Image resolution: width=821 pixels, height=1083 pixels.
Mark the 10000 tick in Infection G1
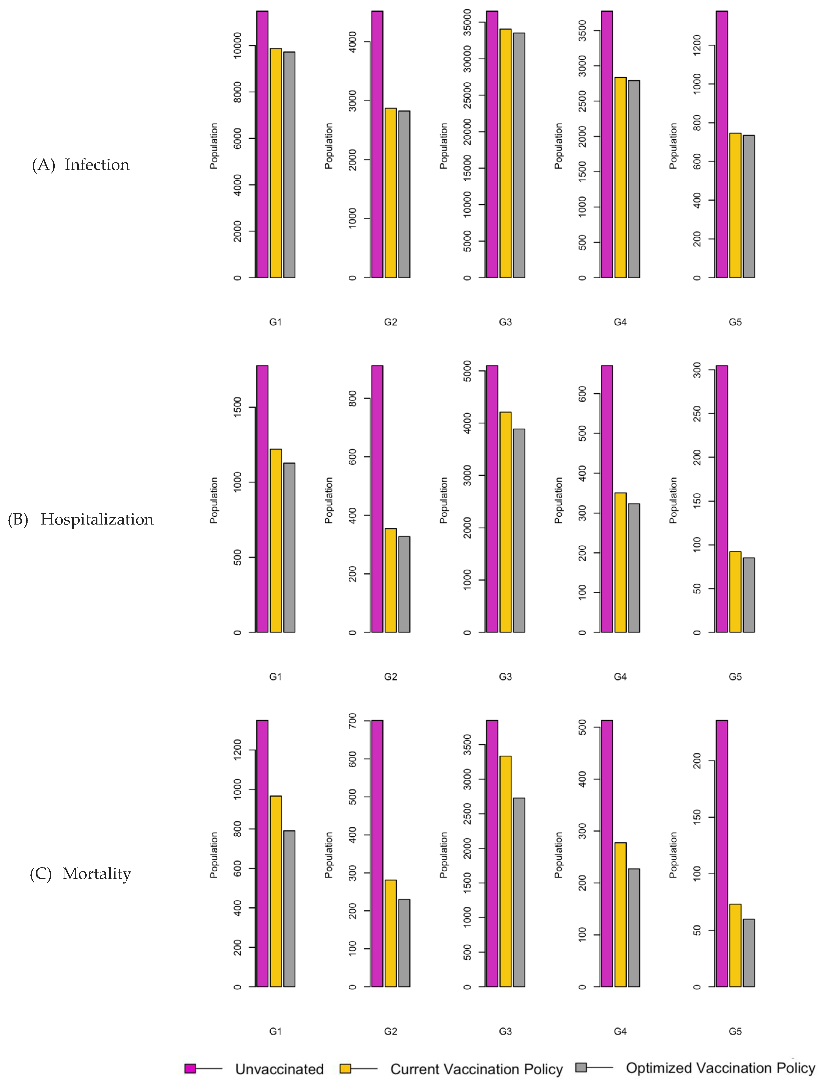237,46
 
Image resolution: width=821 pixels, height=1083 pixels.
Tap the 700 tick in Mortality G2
352,721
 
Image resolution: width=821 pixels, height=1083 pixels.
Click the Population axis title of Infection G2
328,146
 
